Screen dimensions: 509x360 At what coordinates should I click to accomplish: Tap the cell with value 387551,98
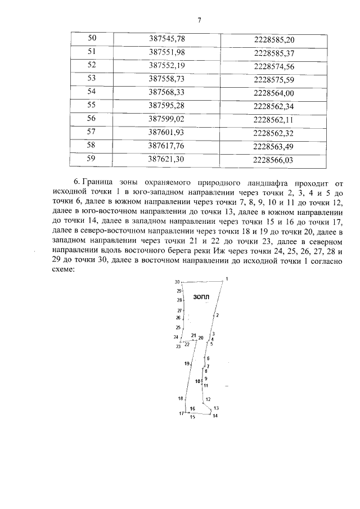point(167,52)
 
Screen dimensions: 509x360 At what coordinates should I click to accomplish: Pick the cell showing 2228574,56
point(274,65)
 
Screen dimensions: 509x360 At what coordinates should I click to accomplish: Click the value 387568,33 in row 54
point(167,92)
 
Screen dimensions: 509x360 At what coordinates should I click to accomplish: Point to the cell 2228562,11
point(274,119)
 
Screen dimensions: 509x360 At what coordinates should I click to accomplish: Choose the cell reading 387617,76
point(167,146)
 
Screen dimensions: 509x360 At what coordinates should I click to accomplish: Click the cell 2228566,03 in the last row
point(274,160)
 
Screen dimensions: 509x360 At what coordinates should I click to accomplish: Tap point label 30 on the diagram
point(177,282)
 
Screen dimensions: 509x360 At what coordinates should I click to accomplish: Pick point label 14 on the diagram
point(215,416)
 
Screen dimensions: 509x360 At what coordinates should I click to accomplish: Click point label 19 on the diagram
point(187,364)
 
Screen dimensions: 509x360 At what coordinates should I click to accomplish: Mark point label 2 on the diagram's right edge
point(217,315)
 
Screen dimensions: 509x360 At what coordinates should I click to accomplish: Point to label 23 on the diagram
point(178,346)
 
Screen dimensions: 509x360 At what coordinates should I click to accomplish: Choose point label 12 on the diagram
point(208,399)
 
